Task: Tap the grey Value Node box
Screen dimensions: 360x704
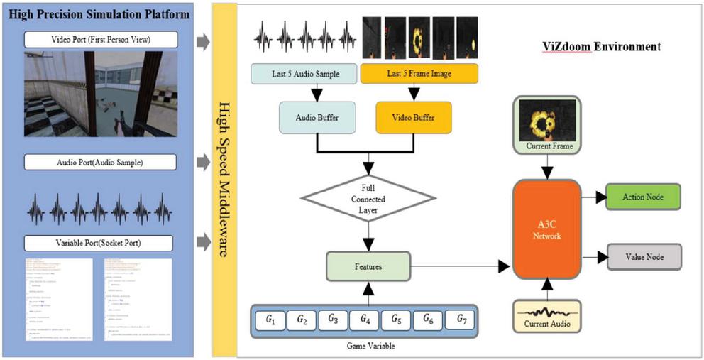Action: [x=644, y=256]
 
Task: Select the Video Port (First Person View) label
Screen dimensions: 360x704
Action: [x=100, y=39]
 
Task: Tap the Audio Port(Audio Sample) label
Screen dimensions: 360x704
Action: [x=100, y=162]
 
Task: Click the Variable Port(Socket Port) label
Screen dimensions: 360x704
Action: [x=100, y=244]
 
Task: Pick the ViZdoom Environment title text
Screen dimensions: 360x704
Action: [x=598, y=47]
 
